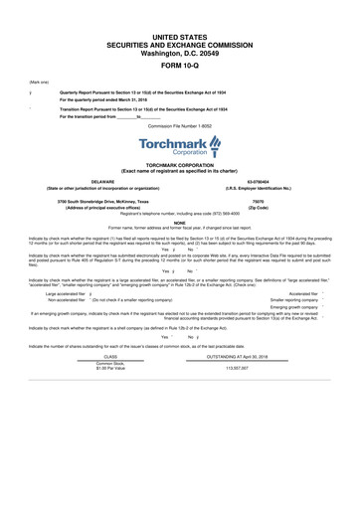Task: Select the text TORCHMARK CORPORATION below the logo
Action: [180, 164]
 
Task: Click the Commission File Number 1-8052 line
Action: [180, 126]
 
